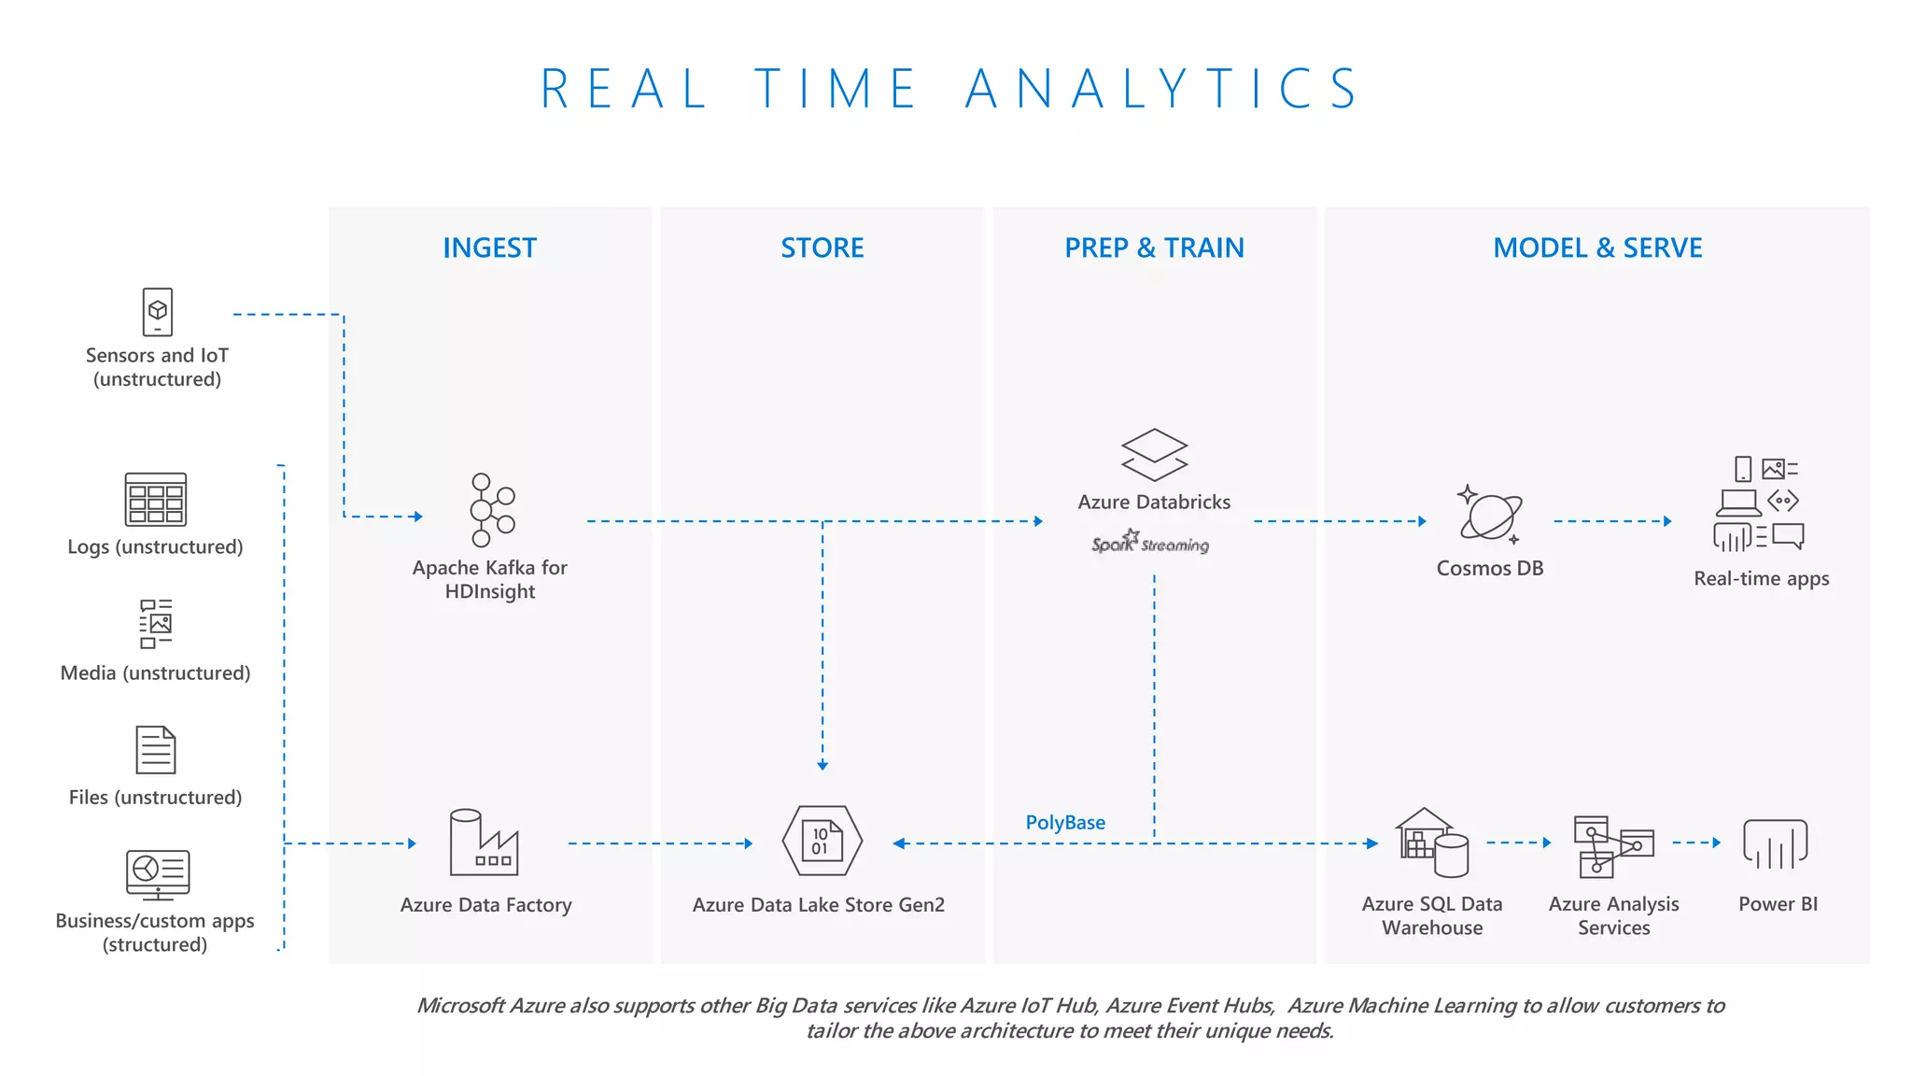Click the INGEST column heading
pos(489,248)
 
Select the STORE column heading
pos(822,248)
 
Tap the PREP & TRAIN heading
pos(1154,248)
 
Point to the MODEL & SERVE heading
pos(1597,248)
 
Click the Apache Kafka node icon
pos(491,510)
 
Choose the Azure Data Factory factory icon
pos(483,842)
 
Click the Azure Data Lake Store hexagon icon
pos(822,841)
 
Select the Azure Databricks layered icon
pos(1154,455)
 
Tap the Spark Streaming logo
pos(1150,543)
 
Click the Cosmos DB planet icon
pos(1490,514)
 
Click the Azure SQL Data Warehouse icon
pos(1432,842)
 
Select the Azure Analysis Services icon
pos(1613,846)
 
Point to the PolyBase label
pos(1065,823)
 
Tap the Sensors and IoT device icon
pos(158,312)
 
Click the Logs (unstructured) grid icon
pos(156,500)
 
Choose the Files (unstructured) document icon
pos(156,750)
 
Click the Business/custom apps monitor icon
pos(158,874)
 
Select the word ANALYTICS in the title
pos(1162,90)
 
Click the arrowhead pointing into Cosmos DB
pos(1422,521)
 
